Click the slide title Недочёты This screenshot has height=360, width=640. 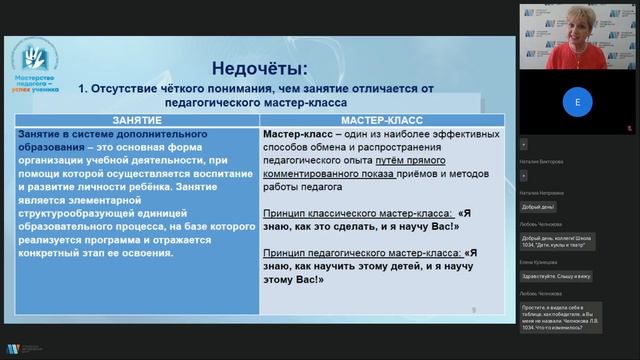(260, 68)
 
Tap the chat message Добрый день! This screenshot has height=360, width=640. (538, 207)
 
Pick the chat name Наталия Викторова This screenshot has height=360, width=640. (543, 159)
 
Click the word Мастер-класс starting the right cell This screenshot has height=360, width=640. (292, 133)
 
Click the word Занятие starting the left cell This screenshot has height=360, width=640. (44, 133)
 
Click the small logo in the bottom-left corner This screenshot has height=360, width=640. (12, 349)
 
